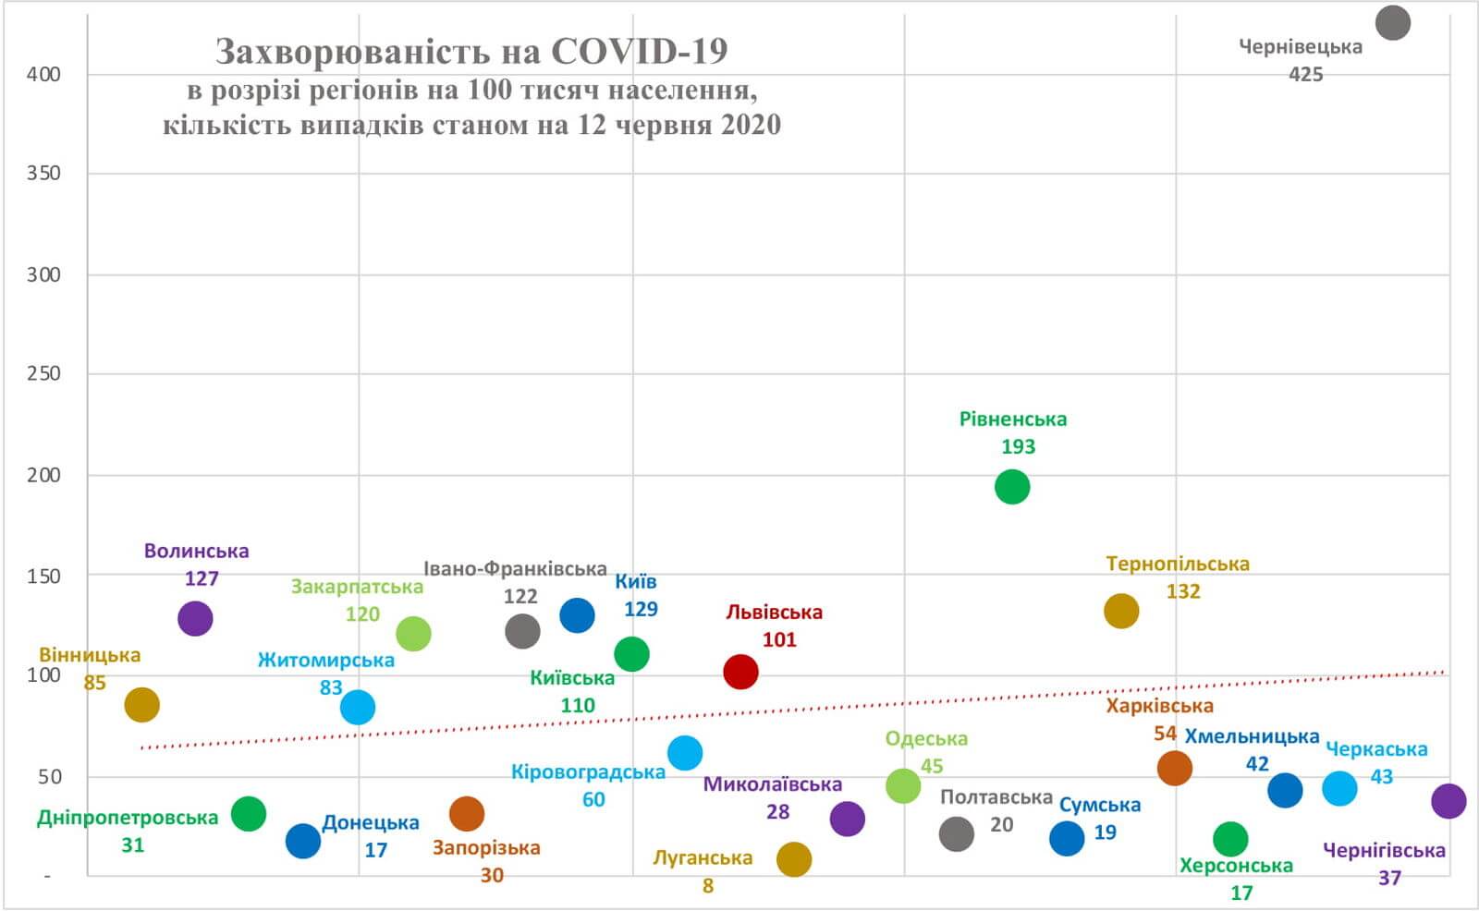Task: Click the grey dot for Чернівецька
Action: pyautogui.click(x=1392, y=22)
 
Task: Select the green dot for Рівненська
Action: pyautogui.click(x=1012, y=486)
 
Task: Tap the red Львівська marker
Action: pyautogui.click(x=740, y=672)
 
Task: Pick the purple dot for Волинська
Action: pyautogui.click(x=195, y=618)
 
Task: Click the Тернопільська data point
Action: pyautogui.click(x=1121, y=611)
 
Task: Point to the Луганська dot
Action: pyautogui.click(x=794, y=859)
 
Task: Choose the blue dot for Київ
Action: pyautogui.click(x=577, y=614)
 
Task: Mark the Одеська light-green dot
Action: pyautogui.click(x=903, y=785)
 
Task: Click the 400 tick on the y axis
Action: pyautogui.click(x=43, y=75)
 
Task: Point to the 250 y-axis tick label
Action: pyautogui.click(x=43, y=373)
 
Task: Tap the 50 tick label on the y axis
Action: pyautogui.click(x=49, y=776)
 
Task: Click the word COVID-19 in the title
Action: pyautogui.click(x=640, y=52)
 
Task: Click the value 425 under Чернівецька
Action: pyautogui.click(x=1305, y=74)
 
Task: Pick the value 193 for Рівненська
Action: pyautogui.click(x=1018, y=446)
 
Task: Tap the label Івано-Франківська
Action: pyautogui.click(x=515, y=569)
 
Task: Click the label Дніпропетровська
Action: pyautogui.click(x=128, y=818)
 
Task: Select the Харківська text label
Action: pyautogui.click(x=1159, y=706)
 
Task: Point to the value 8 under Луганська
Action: pyautogui.click(x=707, y=886)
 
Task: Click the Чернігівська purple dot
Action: pyautogui.click(x=1448, y=800)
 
